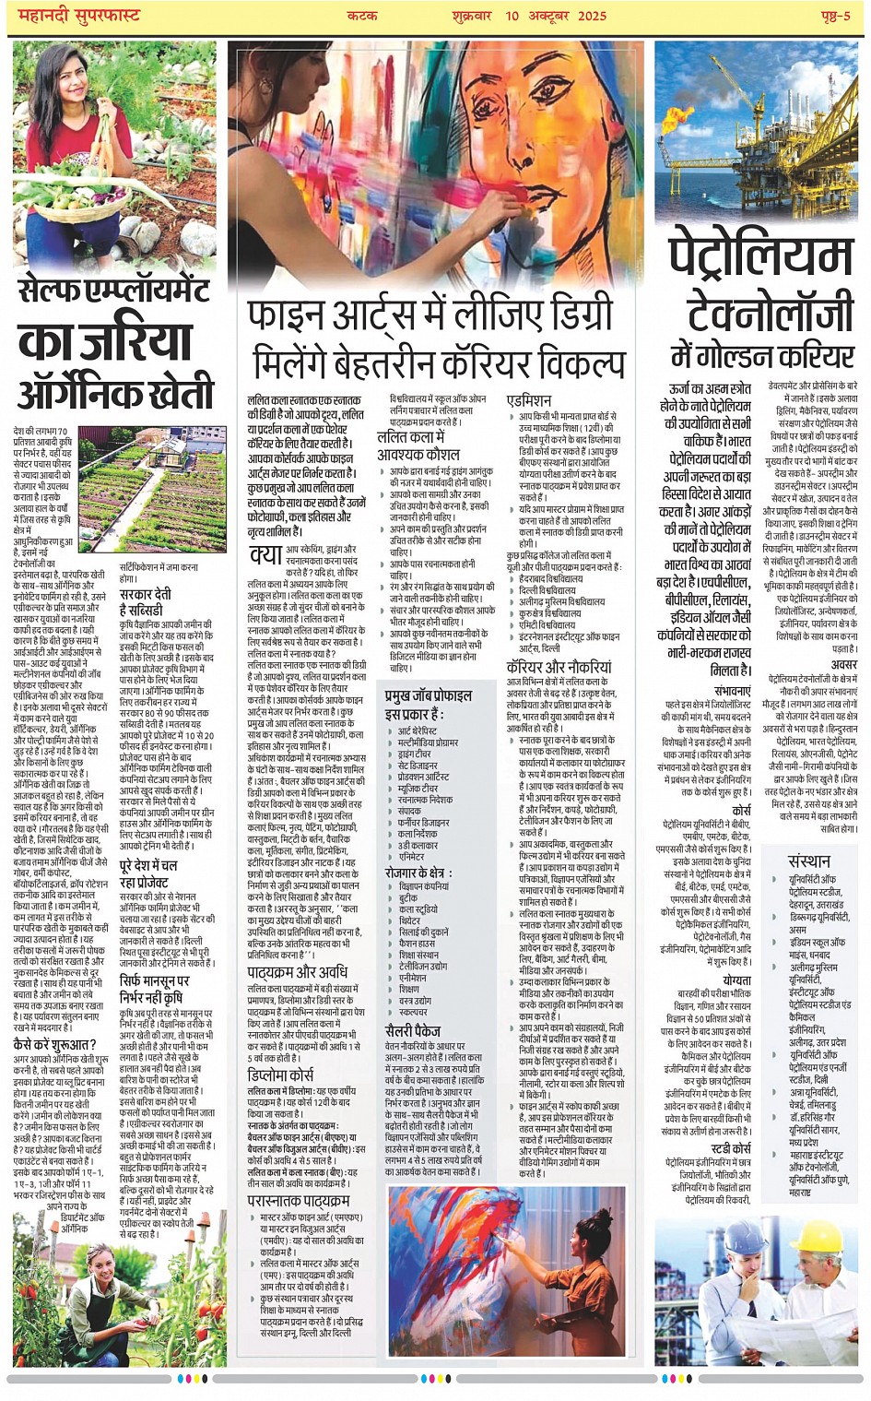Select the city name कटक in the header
point(362,16)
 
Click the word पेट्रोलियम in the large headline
point(761,257)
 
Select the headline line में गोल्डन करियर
point(761,356)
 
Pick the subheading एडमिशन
point(529,400)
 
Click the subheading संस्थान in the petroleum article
point(809,861)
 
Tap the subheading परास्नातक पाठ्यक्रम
point(298,1201)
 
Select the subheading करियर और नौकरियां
point(559,667)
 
